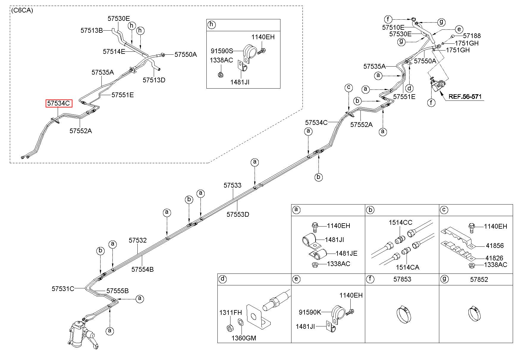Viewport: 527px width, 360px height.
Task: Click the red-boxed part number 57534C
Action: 59,103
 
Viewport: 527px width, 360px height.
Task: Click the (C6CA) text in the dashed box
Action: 22,10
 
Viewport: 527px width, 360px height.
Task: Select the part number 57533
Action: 233,185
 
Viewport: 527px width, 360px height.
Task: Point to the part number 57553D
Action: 238,214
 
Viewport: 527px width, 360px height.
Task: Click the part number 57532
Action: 138,240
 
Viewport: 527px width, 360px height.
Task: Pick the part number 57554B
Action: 143,269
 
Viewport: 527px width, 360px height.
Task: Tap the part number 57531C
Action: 63,289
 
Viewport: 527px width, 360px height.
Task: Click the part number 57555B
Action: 117,291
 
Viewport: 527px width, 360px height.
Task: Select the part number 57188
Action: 472,36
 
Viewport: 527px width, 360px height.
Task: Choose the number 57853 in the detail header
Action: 402,279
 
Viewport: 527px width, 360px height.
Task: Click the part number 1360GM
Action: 244,338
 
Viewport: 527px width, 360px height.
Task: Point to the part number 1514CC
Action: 401,223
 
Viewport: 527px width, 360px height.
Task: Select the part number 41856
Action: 495,246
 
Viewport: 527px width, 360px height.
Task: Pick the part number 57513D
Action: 154,80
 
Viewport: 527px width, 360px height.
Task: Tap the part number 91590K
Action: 310,312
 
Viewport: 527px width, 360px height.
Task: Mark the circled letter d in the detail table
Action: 222,279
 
